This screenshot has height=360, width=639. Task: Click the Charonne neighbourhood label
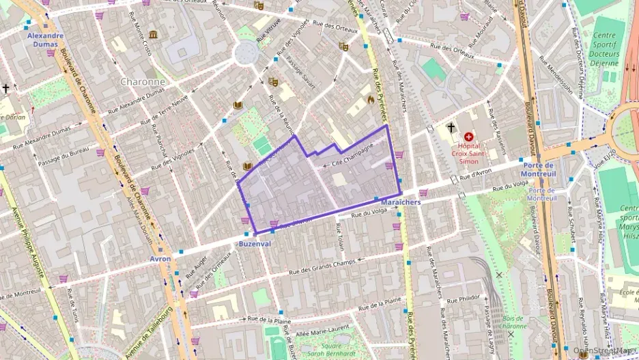(142, 81)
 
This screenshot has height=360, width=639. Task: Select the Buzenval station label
(255, 244)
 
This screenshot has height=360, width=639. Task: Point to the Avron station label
(160, 259)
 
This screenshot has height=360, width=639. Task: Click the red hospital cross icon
(468, 117)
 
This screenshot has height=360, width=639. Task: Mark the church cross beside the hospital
(450, 127)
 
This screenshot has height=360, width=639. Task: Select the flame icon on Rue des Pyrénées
(371, 99)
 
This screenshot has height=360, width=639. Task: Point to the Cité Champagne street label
(352, 156)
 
